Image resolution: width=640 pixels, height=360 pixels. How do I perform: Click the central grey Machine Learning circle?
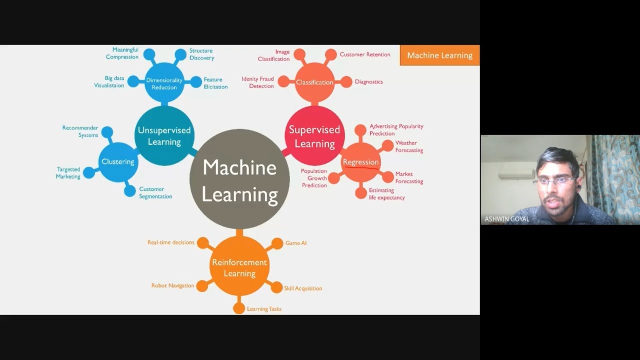pyautogui.click(x=239, y=179)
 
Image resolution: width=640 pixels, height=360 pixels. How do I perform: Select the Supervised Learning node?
pyautogui.click(x=314, y=136)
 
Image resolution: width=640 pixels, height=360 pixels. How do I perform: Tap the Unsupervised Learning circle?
pyautogui.click(x=164, y=136)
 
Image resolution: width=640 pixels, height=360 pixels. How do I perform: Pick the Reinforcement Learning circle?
pyautogui.click(x=239, y=267)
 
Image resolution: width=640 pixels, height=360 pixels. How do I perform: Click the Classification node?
pyautogui.click(x=314, y=82)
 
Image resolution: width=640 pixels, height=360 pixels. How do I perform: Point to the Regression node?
pyautogui.click(x=360, y=162)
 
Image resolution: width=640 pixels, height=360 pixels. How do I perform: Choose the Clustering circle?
pyautogui.click(x=118, y=161)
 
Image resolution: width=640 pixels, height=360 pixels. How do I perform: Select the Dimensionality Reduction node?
pyautogui.click(x=164, y=83)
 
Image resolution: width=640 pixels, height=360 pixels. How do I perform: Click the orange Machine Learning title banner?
pyautogui.click(x=439, y=55)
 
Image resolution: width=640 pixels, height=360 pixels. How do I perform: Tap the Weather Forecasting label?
pyautogui.click(x=409, y=146)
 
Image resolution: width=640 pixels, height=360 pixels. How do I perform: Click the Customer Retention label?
pyautogui.click(x=365, y=54)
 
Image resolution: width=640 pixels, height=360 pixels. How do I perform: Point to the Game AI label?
pyautogui.click(x=296, y=243)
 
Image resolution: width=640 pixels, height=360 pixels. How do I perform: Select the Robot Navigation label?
pyautogui.click(x=172, y=285)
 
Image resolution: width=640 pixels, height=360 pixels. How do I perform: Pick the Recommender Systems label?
pyautogui.click(x=80, y=131)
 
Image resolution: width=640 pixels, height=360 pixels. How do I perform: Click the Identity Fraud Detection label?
pyautogui.click(x=258, y=82)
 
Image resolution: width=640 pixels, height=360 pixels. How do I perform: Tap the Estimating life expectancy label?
pyautogui.click(x=386, y=194)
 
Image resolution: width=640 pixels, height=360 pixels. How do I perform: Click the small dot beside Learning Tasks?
pyautogui.click(x=239, y=308)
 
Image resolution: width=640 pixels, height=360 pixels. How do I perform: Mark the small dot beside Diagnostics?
pyautogui.click(x=346, y=82)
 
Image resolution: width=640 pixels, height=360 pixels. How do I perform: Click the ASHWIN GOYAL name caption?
pyautogui.click(x=506, y=219)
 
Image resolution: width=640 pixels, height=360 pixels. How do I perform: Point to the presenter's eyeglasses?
pyautogui.click(x=556, y=181)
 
